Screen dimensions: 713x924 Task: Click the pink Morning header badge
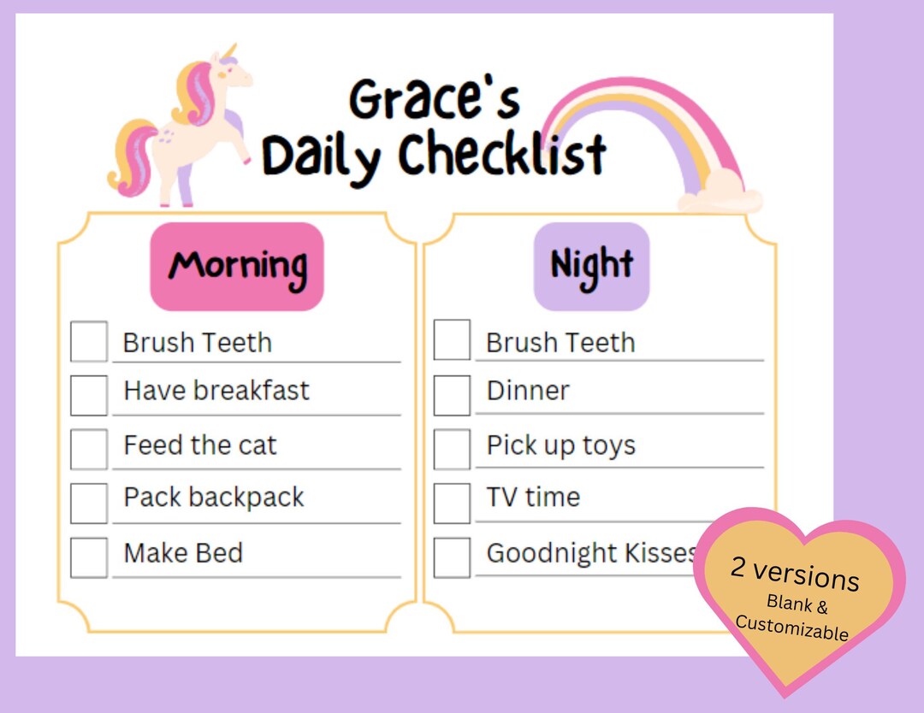click(237, 266)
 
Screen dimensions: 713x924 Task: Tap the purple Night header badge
click(591, 266)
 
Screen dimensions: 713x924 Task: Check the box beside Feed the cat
click(89, 449)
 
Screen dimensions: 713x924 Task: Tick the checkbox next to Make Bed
click(89, 557)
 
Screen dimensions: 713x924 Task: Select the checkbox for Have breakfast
click(89, 395)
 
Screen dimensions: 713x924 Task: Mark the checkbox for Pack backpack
click(89, 503)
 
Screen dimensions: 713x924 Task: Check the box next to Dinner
click(452, 395)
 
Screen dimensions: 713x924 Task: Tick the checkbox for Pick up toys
click(452, 449)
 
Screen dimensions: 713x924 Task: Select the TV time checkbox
click(452, 503)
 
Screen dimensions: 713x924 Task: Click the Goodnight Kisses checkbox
click(452, 557)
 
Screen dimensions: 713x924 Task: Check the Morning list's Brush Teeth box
click(89, 341)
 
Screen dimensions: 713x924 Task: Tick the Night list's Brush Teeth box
click(452, 339)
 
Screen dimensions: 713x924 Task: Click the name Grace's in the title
click(434, 99)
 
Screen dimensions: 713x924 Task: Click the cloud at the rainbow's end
click(719, 192)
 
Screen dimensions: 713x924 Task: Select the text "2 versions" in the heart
click(795, 574)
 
